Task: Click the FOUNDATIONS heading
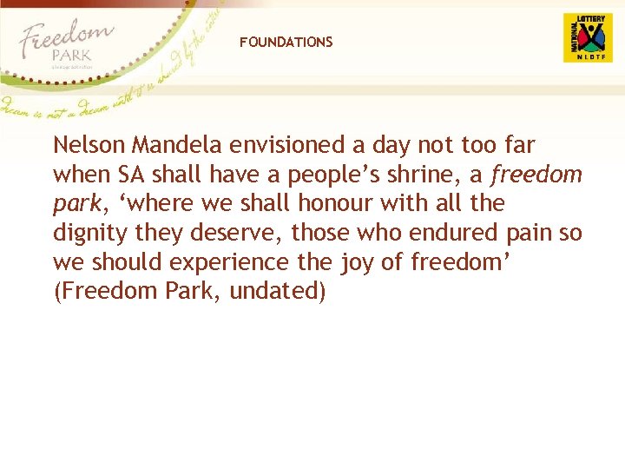pos(286,42)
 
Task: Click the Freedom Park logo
pos(66,43)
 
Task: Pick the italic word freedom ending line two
pos(536,175)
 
